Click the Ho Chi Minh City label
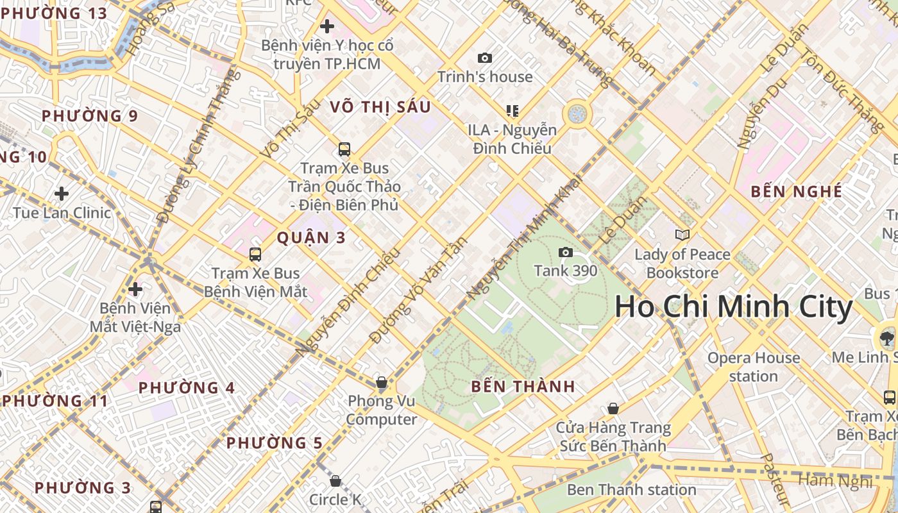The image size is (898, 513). pyautogui.click(x=734, y=307)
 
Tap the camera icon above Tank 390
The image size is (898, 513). pyautogui.click(x=565, y=252)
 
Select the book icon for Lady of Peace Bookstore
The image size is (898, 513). pyautogui.click(x=682, y=235)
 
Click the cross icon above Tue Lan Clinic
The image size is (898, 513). pyautogui.click(x=62, y=193)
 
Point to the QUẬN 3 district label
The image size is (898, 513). pyautogui.click(x=311, y=238)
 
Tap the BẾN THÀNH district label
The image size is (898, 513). pyautogui.click(x=523, y=387)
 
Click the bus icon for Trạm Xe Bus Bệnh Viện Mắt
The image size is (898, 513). pyautogui.click(x=255, y=254)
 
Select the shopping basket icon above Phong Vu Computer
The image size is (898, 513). pyautogui.click(x=382, y=383)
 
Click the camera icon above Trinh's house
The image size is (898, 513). pyautogui.click(x=485, y=58)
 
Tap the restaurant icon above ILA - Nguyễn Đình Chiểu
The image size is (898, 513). pyautogui.click(x=512, y=111)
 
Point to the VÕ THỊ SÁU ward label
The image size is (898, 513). pyautogui.click(x=380, y=106)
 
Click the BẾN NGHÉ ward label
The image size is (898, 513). pyautogui.click(x=796, y=191)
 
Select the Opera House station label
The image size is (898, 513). pyautogui.click(x=754, y=367)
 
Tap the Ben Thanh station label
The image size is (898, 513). pyautogui.click(x=631, y=490)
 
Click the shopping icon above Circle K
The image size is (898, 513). pyautogui.click(x=335, y=480)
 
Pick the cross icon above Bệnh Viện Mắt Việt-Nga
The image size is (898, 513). pyautogui.click(x=135, y=289)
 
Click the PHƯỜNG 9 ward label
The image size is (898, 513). pyautogui.click(x=90, y=116)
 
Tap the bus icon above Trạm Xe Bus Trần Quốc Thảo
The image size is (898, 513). pyautogui.click(x=344, y=149)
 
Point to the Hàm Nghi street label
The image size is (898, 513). pyautogui.click(x=835, y=480)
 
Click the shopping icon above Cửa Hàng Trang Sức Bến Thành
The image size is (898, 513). pyautogui.click(x=613, y=408)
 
